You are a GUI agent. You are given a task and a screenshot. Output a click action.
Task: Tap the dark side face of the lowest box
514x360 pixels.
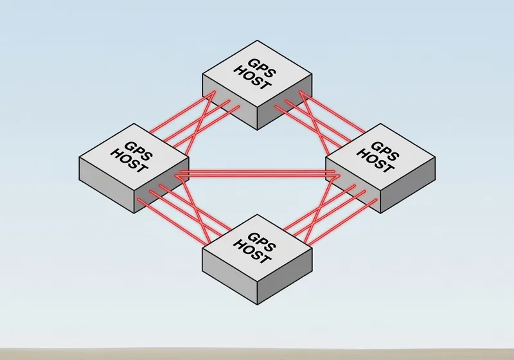[285, 283]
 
